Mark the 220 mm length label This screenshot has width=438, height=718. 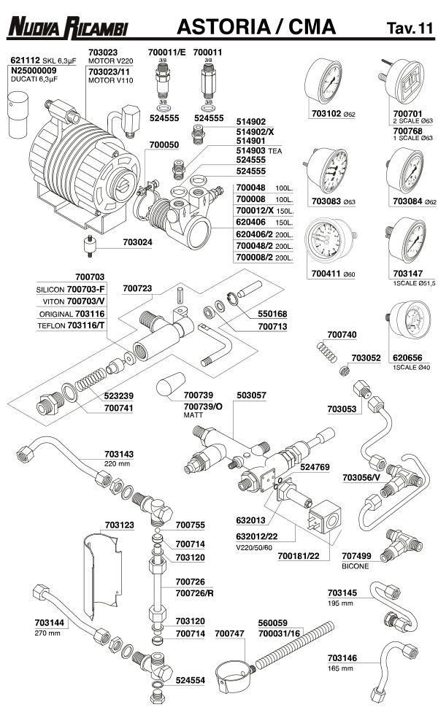coord(116,463)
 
